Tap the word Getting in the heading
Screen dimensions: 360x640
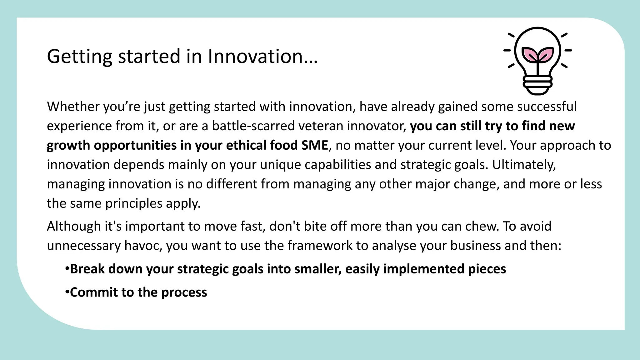click(x=79, y=57)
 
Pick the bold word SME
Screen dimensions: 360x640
click(x=314, y=145)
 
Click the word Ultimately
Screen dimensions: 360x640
click(x=524, y=165)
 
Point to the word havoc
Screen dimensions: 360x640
click(x=143, y=246)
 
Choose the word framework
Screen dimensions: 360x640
click(x=320, y=246)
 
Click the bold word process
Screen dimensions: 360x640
click(x=184, y=292)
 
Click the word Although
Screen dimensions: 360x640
click(x=74, y=226)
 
